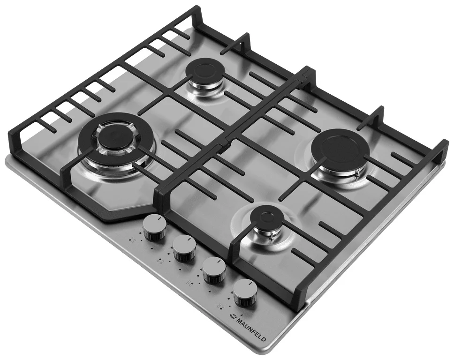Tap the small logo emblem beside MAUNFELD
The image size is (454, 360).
(231, 316)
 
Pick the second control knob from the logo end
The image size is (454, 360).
(214, 270)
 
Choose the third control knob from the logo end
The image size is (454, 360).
(184, 247)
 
